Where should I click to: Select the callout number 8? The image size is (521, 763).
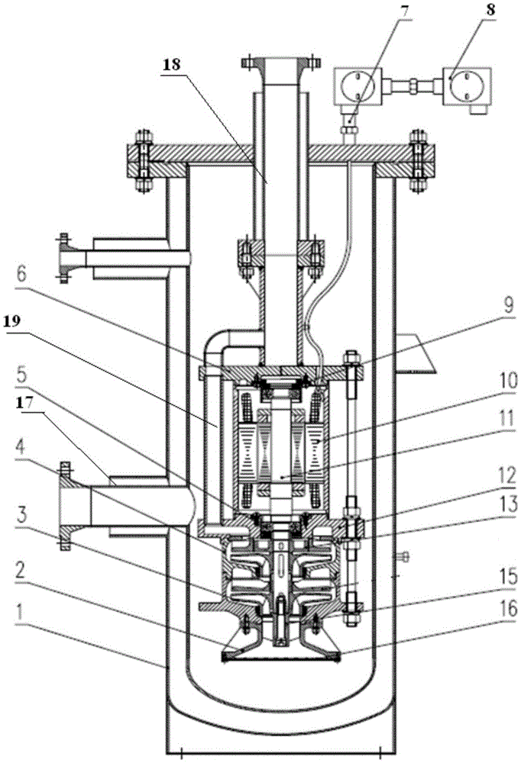tap(489, 11)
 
